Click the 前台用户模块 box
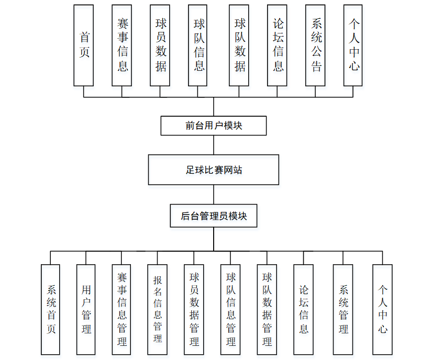214,126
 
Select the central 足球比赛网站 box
214,170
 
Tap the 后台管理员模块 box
214,216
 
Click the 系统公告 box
316,46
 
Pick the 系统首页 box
51,309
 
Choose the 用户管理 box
86,309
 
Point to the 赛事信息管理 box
121,309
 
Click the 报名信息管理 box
158,309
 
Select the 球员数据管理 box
194,309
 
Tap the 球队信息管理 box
230,309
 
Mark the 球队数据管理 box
267,309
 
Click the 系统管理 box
344,309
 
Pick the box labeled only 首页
84,46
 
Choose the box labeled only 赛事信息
122,46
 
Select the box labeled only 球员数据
160,46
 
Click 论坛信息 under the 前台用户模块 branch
277,46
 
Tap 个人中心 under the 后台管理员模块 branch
383,309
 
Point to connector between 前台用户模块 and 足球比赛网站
214,145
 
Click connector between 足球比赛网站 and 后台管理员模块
214,194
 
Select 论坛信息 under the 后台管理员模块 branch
304,309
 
